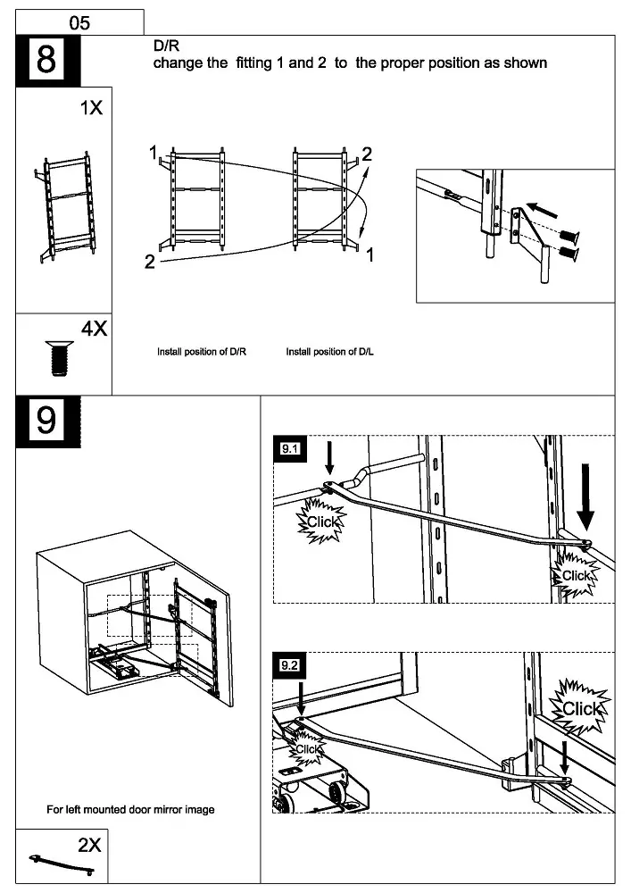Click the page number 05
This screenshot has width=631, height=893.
(79, 23)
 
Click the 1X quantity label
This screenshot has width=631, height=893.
(91, 108)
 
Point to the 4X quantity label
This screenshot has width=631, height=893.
(94, 329)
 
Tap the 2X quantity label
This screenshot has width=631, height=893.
(89, 845)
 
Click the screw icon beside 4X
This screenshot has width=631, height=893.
(56, 357)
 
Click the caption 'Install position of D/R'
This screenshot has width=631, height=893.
(202, 352)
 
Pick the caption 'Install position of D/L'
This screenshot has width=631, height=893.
(329, 352)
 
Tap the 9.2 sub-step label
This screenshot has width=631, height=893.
(289, 666)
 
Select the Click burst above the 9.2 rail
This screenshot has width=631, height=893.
(582, 708)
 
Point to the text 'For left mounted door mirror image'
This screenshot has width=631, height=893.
(130, 810)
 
